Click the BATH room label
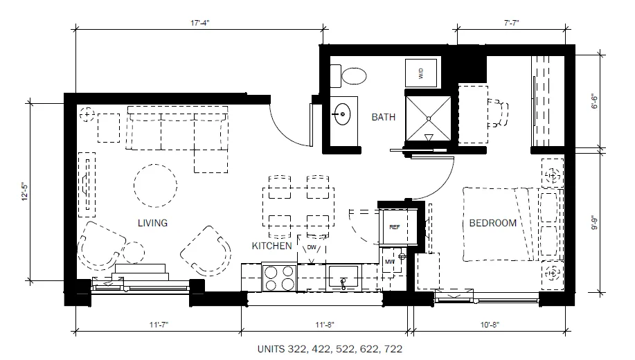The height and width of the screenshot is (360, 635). click(x=383, y=117)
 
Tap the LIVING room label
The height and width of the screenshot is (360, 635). click(x=152, y=223)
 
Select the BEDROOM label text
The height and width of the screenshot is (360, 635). click(x=492, y=223)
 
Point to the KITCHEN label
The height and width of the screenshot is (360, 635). click(x=271, y=246)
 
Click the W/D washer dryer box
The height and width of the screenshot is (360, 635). click(x=421, y=73)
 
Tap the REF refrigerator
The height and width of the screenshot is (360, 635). click(x=395, y=227)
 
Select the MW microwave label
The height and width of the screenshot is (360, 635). click(x=390, y=262)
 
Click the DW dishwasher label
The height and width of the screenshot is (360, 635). click(x=312, y=247)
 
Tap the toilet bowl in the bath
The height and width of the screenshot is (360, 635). click(x=354, y=75)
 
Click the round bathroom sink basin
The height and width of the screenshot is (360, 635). click(x=343, y=114)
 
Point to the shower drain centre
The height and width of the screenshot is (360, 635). click(x=429, y=118)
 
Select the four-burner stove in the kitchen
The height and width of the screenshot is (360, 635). click(x=279, y=278)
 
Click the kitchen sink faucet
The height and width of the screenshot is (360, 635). click(x=343, y=283)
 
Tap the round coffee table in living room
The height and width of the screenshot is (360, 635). click(x=155, y=186)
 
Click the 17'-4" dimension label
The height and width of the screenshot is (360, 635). click(x=200, y=23)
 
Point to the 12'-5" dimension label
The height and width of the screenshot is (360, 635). click(x=25, y=192)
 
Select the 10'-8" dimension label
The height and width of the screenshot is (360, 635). click(x=490, y=325)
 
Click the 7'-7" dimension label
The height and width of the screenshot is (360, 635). click(x=512, y=23)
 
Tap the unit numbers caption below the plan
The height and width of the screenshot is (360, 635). click(x=330, y=349)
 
